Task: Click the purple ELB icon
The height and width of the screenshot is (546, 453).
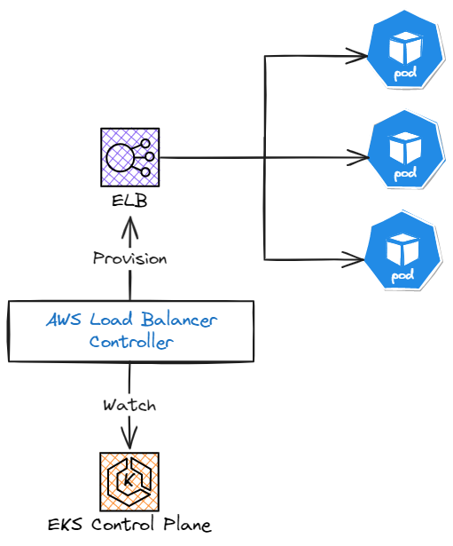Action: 129,157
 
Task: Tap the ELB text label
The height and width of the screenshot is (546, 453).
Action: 129,202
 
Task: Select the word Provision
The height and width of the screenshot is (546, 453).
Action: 130,258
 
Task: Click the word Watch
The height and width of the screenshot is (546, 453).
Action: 129,405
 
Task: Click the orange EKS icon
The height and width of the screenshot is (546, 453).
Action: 129,481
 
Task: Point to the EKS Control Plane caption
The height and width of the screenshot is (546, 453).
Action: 129,524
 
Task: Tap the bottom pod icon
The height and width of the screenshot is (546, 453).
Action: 404,252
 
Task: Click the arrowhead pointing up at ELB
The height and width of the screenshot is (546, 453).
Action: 130,227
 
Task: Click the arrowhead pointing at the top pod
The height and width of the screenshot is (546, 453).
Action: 360,56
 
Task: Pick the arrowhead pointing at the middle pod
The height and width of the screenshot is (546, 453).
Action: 360,158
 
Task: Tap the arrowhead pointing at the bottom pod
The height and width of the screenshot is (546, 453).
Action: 359,259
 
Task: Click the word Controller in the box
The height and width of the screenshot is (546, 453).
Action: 131,342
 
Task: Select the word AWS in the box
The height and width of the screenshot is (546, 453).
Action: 65,320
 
